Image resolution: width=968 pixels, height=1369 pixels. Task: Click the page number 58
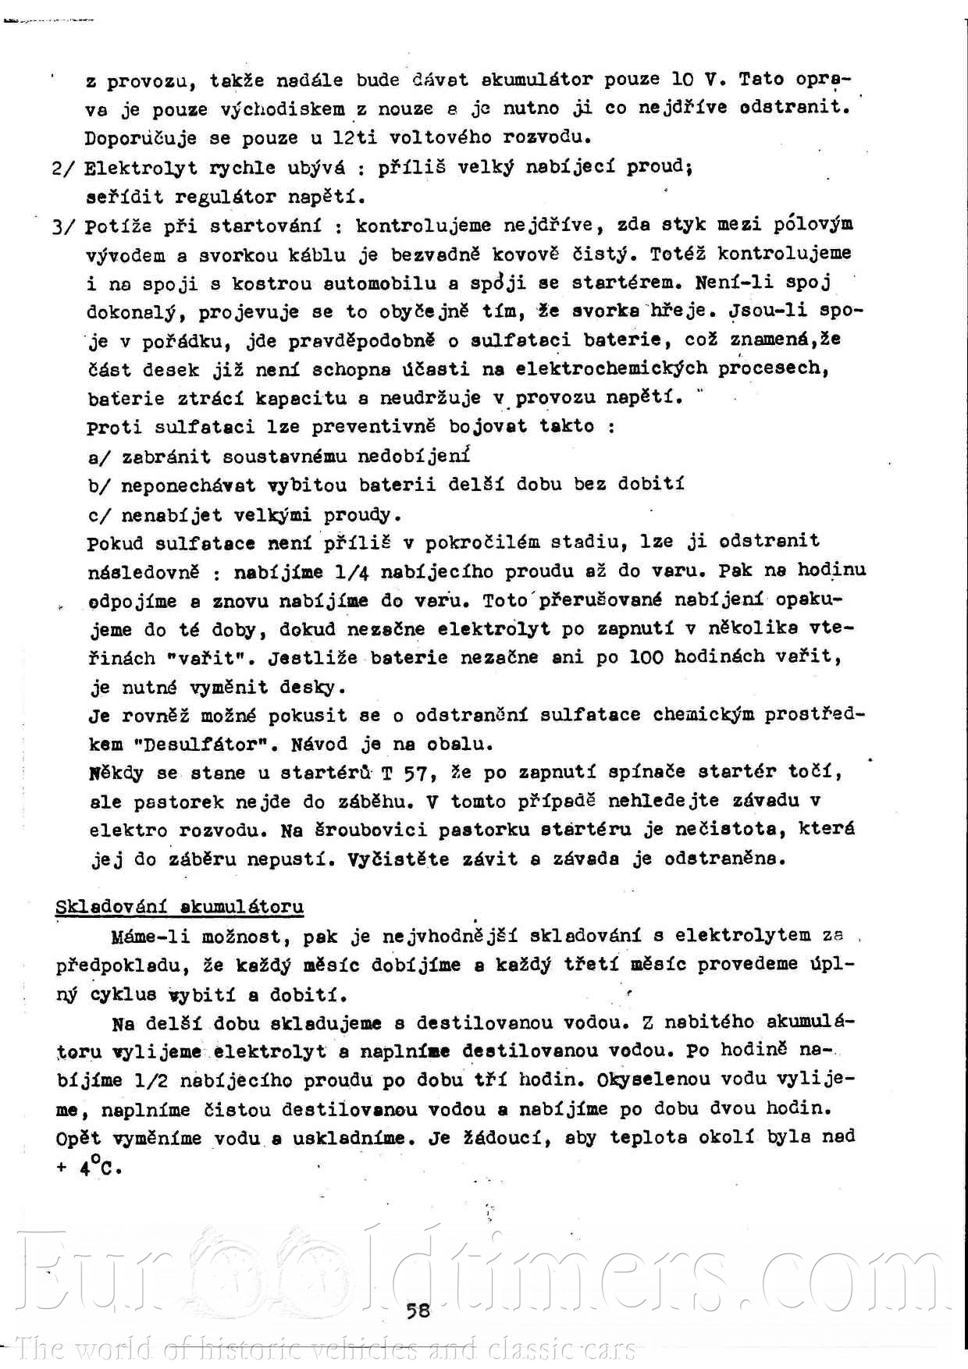point(418,1310)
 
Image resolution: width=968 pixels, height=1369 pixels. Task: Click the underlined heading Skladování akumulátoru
point(180,907)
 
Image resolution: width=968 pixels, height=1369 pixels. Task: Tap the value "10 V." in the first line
point(696,80)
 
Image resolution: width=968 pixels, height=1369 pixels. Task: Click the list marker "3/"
point(62,227)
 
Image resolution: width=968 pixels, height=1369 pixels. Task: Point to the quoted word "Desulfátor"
point(190,745)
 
